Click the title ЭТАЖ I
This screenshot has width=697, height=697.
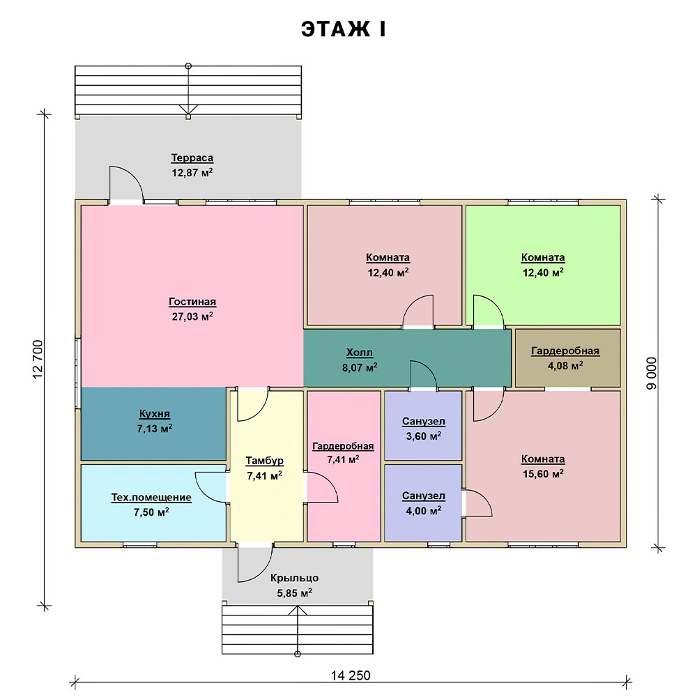[x=343, y=29]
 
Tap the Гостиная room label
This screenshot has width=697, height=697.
[x=192, y=302]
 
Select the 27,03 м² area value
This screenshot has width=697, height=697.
[x=192, y=316]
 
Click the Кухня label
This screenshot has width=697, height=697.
[x=155, y=414]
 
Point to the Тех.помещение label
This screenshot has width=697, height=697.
[x=151, y=498]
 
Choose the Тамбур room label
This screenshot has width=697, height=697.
[x=264, y=461]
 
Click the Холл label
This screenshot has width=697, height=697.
[x=360, y=353]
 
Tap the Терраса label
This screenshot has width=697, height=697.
[x=192, y=158]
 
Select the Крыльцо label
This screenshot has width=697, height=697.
[x=294, y=578]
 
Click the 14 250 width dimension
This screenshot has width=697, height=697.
[x=351, y=675]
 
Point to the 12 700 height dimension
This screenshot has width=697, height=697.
[x=38, y=359]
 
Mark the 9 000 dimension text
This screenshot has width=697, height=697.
[x=651, y=374]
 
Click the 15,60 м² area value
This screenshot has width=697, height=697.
[x=543, y=474]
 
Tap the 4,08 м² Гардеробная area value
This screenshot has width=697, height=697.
[x=565, y=366]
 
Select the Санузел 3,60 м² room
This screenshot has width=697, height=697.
[x=423, y=426]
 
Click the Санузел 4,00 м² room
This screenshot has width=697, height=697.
[x=423, y=503]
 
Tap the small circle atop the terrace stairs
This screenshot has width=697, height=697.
[x=188, y=66]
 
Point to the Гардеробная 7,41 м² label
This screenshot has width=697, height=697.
[x=343, y=446]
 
